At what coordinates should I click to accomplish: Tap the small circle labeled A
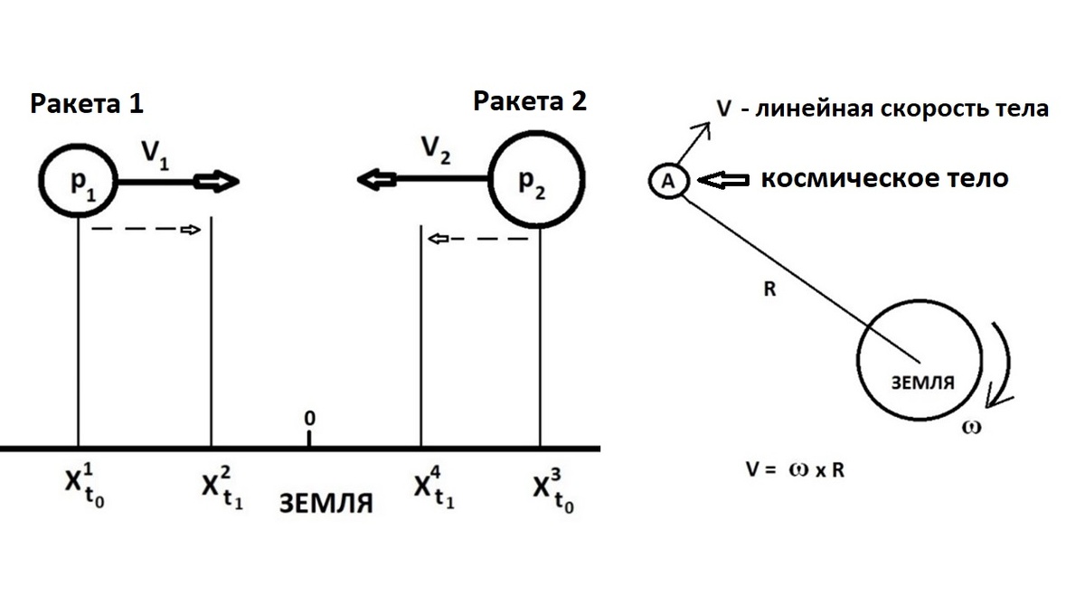[668, 181]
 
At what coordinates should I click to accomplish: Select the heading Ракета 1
[87, 104]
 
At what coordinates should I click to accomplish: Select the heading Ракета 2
[530, 101]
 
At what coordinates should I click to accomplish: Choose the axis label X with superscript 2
[219, 488]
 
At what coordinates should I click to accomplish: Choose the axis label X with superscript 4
[434, 488]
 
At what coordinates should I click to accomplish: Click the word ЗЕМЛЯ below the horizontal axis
[325, 503]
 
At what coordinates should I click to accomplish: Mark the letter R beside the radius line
[769, 291]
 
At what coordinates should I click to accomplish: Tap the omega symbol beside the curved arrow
[973, 424]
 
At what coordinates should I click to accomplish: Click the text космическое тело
[883, 178]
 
